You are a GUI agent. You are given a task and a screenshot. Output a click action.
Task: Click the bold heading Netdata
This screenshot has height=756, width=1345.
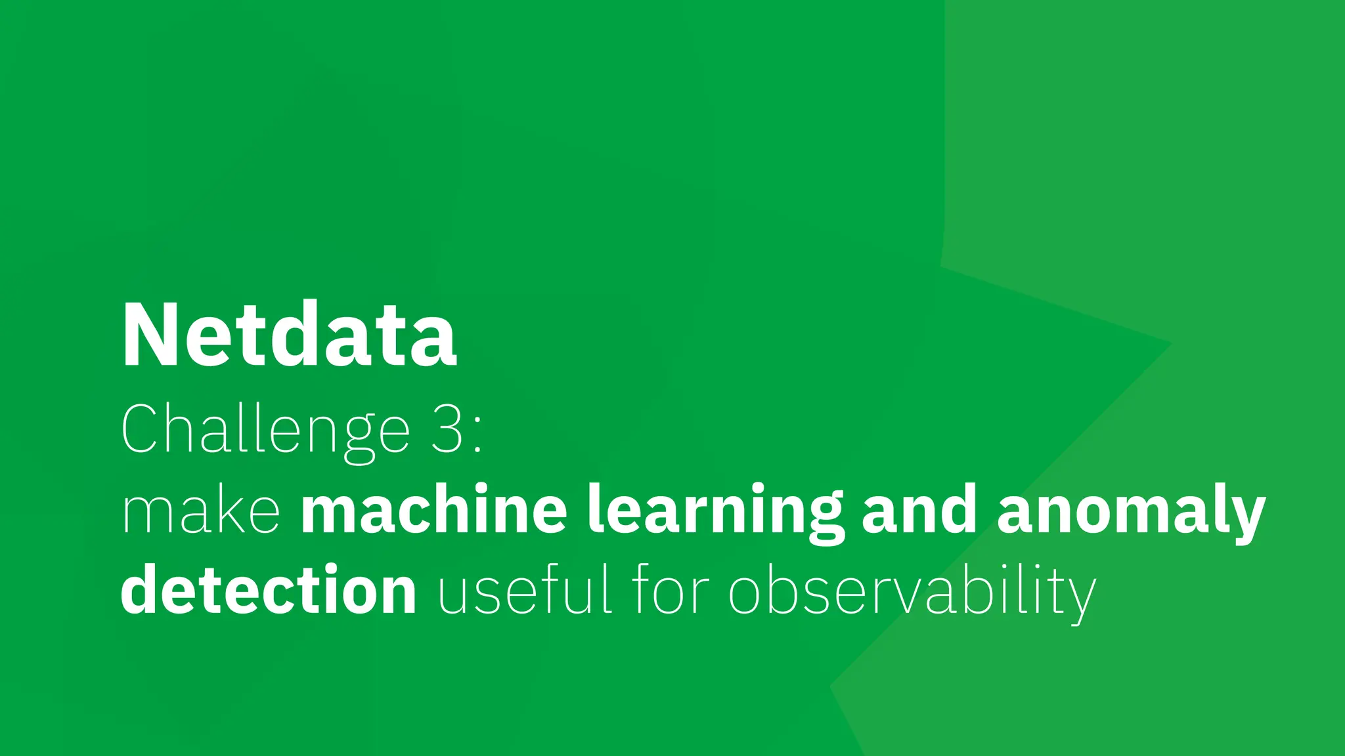click(289, 335)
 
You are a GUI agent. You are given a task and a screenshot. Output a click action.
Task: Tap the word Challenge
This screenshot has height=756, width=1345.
click(265, 430)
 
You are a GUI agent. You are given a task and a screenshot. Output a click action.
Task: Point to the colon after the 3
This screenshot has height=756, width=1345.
click(477, 436)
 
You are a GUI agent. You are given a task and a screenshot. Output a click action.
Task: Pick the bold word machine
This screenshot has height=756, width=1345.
click(434, 510)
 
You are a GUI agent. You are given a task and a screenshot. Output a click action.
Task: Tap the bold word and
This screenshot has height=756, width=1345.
click(919, 510)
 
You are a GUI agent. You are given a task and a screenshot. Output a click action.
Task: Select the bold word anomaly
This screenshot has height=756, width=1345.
click(1131, 512)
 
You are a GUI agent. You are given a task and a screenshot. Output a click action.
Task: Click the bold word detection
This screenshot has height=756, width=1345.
click(268, 589)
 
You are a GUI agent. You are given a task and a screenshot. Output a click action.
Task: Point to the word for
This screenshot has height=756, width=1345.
click(671, 589)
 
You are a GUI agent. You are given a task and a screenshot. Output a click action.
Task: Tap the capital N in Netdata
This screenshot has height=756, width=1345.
click(147, 335)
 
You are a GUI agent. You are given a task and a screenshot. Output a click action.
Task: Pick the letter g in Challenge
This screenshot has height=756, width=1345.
click(359, 438)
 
